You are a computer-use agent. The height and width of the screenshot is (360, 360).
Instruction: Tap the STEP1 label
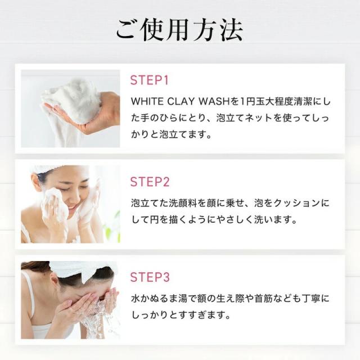tap(149, 80)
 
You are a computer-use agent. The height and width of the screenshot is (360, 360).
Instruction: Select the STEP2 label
tap(150, 182)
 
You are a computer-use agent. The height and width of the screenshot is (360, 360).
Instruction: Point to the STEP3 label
tap(150, 277)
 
